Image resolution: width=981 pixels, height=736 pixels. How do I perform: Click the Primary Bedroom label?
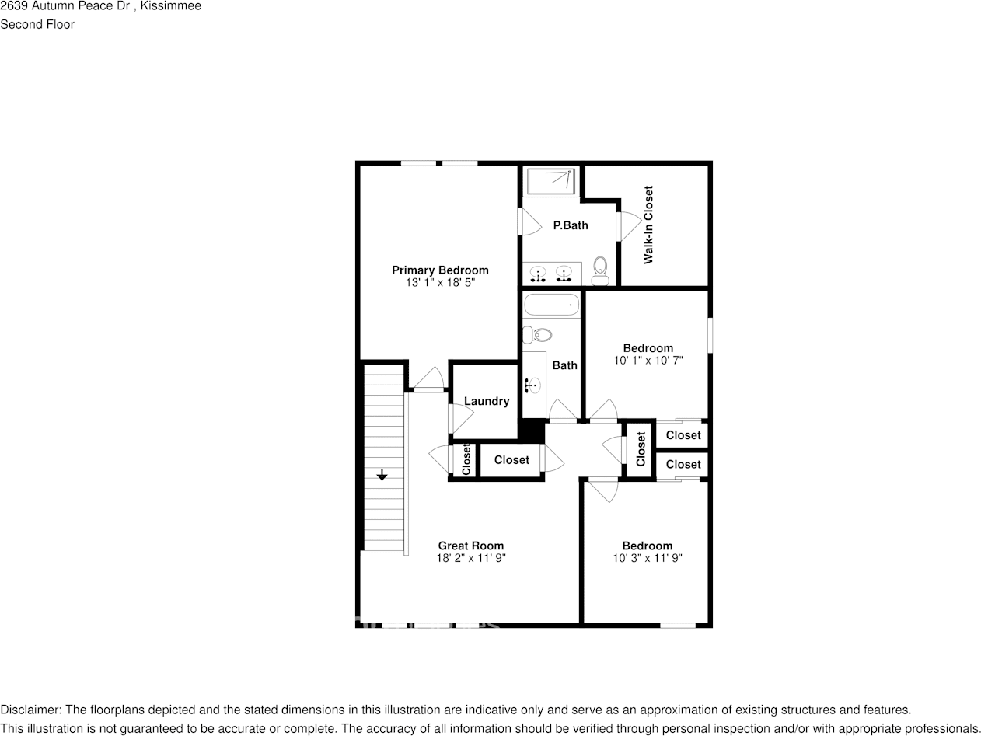(440, 270)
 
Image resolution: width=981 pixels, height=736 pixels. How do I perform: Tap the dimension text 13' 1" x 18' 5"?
(440, 283)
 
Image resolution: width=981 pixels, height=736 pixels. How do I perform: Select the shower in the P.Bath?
(550, 181)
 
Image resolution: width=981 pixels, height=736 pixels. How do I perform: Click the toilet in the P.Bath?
(600, 271)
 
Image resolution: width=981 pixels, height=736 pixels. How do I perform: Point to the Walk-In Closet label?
(648, 225)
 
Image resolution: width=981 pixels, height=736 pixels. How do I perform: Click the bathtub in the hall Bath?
(551, 305)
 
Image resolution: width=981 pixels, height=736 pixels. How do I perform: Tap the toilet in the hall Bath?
(537, 335)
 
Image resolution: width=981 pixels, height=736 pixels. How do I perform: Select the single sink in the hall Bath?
(533, 384)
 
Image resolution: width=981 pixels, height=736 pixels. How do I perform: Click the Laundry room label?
(487, 401)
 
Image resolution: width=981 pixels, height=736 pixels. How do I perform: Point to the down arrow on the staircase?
(382, 476)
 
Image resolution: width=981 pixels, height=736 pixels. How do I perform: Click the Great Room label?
(471, 546)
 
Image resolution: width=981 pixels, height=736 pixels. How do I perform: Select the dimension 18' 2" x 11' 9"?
(471, 558)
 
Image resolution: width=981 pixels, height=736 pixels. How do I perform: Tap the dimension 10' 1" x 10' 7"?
(648, 361)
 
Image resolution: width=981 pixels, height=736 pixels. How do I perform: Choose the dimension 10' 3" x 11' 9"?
(648, 558)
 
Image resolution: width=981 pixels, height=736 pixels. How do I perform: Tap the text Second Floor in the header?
(37, 24)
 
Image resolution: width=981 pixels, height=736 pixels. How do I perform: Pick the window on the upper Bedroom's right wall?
(709, 335)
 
